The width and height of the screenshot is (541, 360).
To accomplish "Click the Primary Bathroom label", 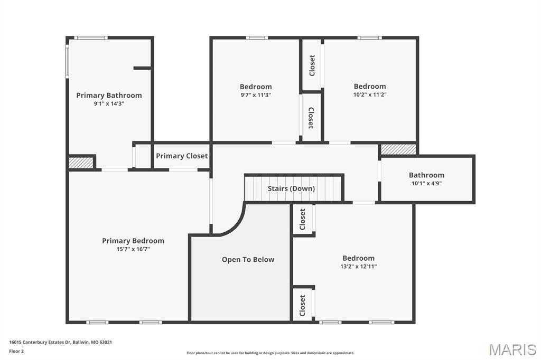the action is pyautogui.click(x=109, y=95).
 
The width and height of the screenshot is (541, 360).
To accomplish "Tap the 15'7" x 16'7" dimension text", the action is pyautogui.click(x=133, y=249).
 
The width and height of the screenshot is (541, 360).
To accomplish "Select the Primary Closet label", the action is pyautogui.click(x=182, y=156).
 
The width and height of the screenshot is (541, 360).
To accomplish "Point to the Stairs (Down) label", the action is pyautogui.click(x=292, y=188).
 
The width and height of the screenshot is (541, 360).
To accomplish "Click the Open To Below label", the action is pyautogui.click(x=248, y=259).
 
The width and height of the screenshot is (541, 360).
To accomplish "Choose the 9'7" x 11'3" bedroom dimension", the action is pyautogui.click(x=256, y=95).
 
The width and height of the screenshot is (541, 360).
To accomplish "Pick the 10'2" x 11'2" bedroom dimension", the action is pyautogui.click(x=370, y=94).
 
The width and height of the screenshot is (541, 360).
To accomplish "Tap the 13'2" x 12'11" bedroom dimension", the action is pyautogui.click(x=359, y=266).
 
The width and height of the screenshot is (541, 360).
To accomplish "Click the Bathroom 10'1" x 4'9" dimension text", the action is pyautogui.click(x=426, y=183).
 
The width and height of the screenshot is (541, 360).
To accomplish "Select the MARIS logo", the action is pyautogui.click(x=512, y=349).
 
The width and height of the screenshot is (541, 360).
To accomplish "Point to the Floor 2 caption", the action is pyautogui.click(x=16, y=352).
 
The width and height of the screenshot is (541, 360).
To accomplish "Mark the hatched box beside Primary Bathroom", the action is pyautogui.click(x=81, y=163).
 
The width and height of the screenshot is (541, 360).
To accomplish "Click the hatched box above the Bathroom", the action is pyautogui.click(x=398, y=149).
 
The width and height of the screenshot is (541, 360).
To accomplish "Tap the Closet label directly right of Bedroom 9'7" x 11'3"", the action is pyautogui.click(x=312, y=65).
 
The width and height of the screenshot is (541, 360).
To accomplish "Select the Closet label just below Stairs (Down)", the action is pyautogui.click(x=303, y=219).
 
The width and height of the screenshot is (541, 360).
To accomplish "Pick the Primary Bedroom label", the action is pyautogui.click(x=133, y=241).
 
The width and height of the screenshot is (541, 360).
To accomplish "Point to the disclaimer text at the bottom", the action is pyautogui.click(x=270, y=353).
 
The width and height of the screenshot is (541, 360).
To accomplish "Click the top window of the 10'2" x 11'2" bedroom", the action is pyautogui.click(x=369, y=37).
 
